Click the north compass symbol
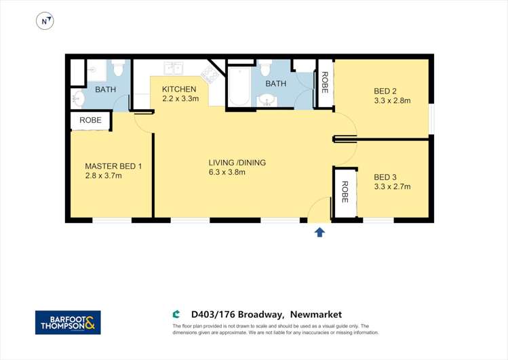tap(45, 22)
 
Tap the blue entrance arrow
tap(319, 232)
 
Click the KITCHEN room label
tap(179, 89)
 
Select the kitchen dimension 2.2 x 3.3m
tap(180, 99)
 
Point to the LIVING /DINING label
tap(237, 163)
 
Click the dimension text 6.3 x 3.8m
tap(227, 172)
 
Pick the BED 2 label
tap(386, 92)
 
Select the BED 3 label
tap(386, 178)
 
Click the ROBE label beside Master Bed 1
tap(90, 121)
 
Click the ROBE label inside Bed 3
tap(345, 193)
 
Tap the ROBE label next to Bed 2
tap(325, 83)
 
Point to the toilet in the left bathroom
tap(119, 68)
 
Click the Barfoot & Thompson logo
tap(68, 322)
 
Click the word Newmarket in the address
tap(316, 314)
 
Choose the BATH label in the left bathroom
tap(106, 89)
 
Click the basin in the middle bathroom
tap(267, 101)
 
